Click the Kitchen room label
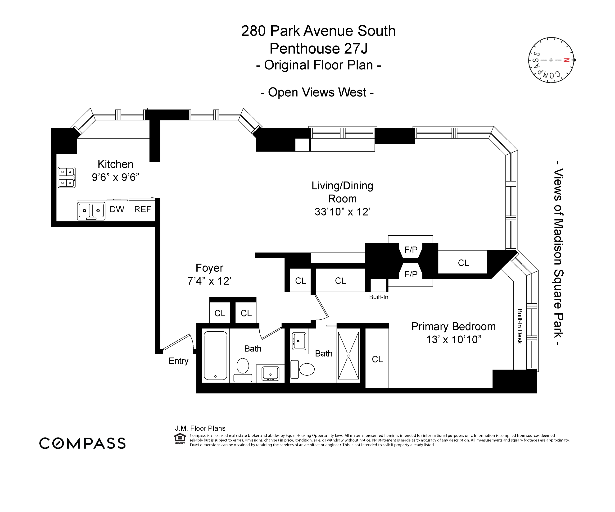click(115, 164)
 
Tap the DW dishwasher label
click(117, 209)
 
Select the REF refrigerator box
click(142, 209)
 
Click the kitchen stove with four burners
click(67, 177)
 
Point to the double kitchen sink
click(91, 211)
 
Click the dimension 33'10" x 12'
click(342, 212)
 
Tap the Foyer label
click(209, 268)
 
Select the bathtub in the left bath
click(215, 356)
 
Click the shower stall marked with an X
click(348, 356)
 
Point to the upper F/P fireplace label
click(411, 250)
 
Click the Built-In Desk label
click(520, 326)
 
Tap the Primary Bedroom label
click(453, 326)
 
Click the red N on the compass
click(566, 60)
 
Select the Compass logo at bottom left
click(83, 443)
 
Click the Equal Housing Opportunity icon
click(180, 439)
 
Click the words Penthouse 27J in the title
click(318, 49)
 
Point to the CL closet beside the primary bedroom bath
click(377, 359)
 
